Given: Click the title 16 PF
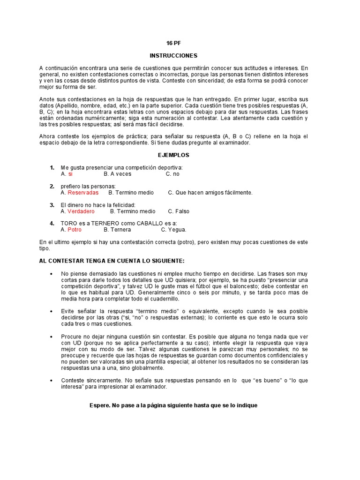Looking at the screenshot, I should coord(173,43).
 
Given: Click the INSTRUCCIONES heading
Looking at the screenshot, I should coord(173,55).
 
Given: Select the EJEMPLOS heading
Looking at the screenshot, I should coord(173,155).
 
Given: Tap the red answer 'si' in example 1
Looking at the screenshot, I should coord(70,174).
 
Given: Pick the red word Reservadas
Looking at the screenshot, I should coord(83,193).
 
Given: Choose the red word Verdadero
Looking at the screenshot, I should coord(81,211).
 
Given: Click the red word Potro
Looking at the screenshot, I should coord(75,230).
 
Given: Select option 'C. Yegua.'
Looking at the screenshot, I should coord(173,230).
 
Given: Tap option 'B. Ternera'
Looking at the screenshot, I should coord(117,230).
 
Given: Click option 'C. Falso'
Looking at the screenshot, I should coord(179,211).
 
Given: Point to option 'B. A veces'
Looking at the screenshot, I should coord(117,174).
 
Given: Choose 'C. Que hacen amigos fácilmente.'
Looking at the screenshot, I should coord(210,193).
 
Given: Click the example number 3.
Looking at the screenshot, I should coord(52,205).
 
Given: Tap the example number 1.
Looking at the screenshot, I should coord(52,167).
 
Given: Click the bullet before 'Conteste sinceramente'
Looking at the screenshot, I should coord(51,381).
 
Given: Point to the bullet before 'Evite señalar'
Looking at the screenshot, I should coord(51,311).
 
